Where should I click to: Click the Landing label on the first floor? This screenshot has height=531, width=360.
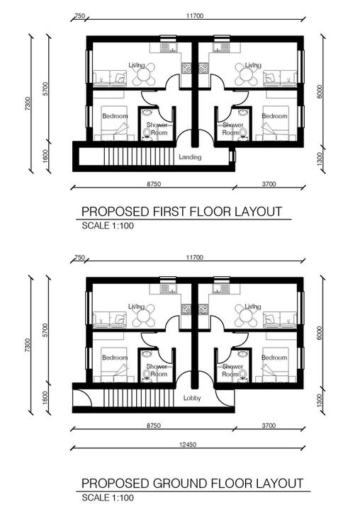click(190, 157)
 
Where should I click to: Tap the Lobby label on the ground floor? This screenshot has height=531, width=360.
click(192, 398)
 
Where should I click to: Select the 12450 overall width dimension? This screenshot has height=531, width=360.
click(188, 445)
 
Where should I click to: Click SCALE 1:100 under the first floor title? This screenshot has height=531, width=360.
click(108, 226)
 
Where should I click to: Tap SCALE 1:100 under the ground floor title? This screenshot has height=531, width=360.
click(108, 498)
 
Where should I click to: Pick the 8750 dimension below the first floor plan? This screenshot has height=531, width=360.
click(154, 184)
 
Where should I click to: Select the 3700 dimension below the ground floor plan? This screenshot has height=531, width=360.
click(269, 426)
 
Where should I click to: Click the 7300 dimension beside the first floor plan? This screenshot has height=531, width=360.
click(28, 103)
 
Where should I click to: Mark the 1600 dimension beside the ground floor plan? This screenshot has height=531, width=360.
click(46, 398)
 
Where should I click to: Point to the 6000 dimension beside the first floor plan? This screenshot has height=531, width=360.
click(320, 91)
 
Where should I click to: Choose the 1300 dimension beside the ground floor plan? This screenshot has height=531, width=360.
click(320, 400)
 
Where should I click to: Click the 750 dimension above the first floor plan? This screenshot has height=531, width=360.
click(79, 16)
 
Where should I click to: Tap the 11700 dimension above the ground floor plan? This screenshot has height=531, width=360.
click(195, 258)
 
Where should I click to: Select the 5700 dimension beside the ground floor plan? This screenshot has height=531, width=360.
click(46, 330)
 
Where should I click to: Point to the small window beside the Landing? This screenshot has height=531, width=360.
click(232, 156)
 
